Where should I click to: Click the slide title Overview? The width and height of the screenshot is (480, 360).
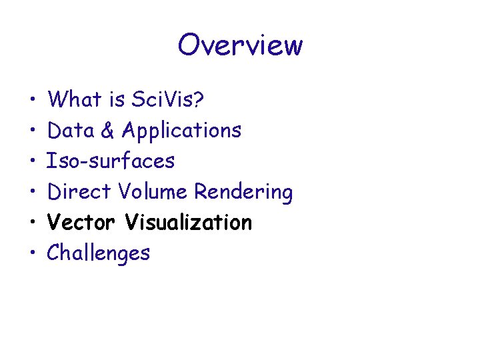tap(240, 45)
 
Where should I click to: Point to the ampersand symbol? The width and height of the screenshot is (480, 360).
tap(108, 130)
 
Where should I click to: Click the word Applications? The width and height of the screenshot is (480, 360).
tap(181, 131)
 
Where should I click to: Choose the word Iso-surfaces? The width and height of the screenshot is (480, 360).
tap(111, 161)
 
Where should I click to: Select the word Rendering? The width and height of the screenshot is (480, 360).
tap(243, 192)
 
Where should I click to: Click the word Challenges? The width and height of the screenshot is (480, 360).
tap(99, 253)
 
